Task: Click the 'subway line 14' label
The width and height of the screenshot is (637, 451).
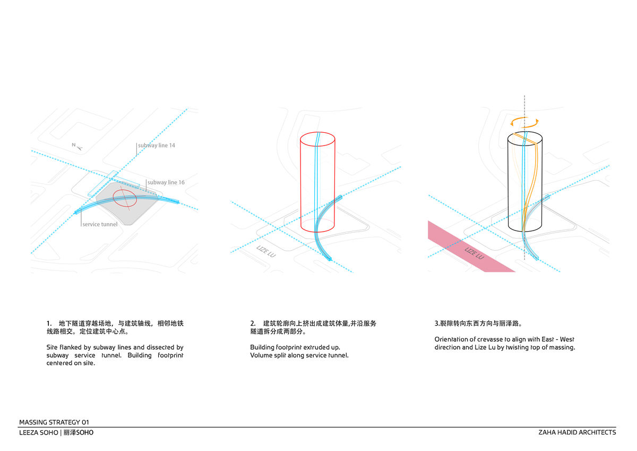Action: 157,145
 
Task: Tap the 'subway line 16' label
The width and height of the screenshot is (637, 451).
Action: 166,182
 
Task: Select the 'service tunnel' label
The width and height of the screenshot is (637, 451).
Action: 100,224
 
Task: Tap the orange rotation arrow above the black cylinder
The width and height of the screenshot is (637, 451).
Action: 525,122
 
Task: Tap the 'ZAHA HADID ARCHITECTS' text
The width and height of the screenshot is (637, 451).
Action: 576,432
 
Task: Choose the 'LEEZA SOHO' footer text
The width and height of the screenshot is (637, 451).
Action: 38,432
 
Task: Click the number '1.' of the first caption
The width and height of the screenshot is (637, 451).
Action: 49,324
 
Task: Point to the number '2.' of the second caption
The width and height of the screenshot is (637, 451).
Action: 253,324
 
